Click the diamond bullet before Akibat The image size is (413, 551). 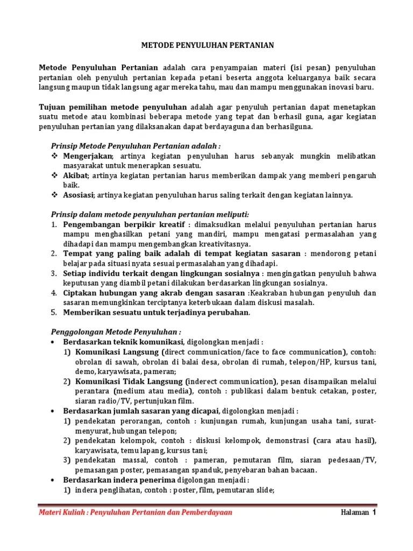coord(54,175)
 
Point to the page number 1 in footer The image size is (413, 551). coord(373,512)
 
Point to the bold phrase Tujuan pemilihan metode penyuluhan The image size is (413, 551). coord(113,107)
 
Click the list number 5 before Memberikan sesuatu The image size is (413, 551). coord(54,312)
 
